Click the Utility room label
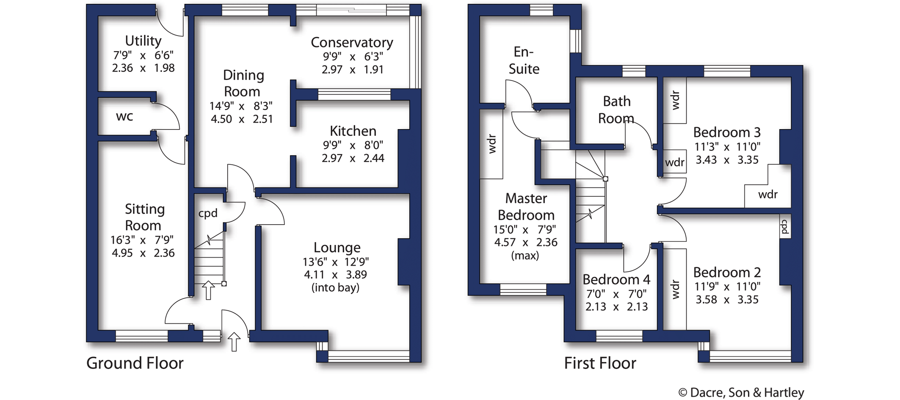point(143,41)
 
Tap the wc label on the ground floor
point(124,116)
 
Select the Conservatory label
point(352,42)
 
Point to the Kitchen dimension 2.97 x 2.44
point(353,158)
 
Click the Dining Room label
point(243,83)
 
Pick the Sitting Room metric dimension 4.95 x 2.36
point(143,253)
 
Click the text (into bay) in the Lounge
point(335,288)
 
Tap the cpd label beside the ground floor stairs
point(208,213)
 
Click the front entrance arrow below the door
point(234,342)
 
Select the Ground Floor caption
point(135,363)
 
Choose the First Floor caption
point(600,363)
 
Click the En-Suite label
point(524,60)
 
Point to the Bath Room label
point(616,110)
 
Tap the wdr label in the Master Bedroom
point(491,144)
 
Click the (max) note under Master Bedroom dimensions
point(525,256)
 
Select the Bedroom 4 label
point(616,279)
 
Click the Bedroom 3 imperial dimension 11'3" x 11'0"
point(727,147)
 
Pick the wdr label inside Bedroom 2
point(675,290)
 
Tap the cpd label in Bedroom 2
point(784,226)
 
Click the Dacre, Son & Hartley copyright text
point(741,393)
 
